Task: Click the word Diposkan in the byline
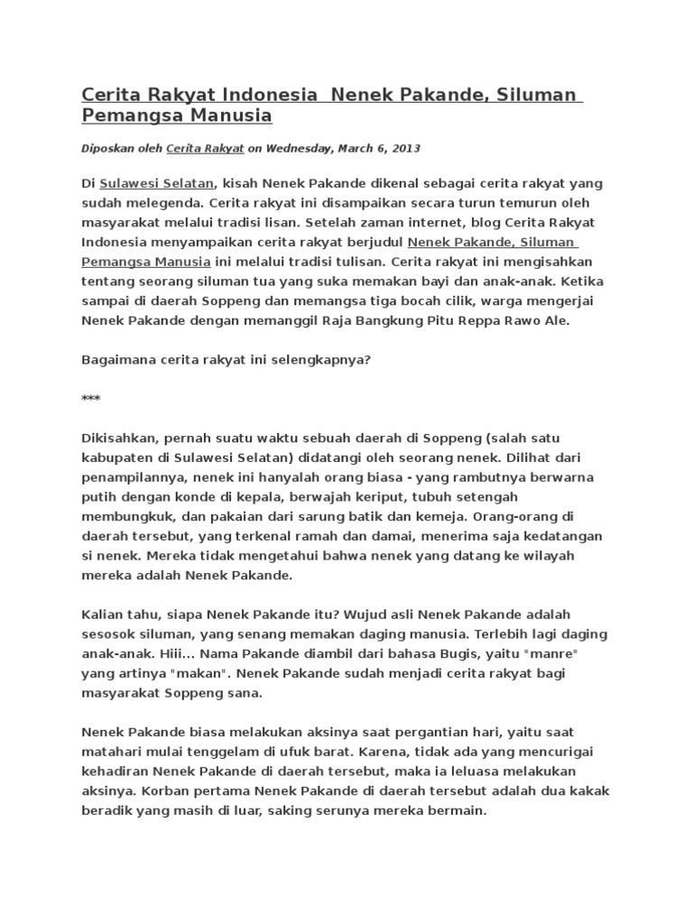coord(106,148)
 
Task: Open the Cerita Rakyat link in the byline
coord(199,148)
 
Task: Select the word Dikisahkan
coord(118,438)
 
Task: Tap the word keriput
coord(346,497)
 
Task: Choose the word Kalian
coord(102,614)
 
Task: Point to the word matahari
coord(113,752)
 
